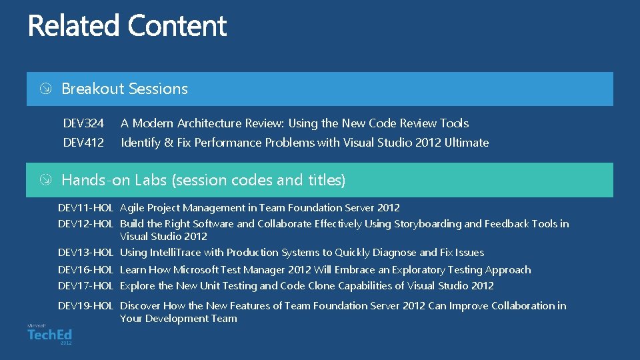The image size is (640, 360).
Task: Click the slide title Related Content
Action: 127,27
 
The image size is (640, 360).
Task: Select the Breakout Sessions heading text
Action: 125,89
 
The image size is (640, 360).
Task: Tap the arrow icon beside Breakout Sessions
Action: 45,89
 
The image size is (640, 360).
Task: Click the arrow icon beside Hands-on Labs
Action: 45,180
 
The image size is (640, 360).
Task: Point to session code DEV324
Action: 83,123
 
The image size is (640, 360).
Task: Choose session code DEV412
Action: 83,143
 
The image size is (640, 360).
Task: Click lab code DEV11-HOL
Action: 85,208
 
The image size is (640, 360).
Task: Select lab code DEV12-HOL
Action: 85,224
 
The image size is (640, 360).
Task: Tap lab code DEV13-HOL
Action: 85,253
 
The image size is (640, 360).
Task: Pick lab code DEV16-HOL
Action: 85,270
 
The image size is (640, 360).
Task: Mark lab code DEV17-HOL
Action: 85,286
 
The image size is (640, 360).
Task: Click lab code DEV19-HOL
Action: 85,306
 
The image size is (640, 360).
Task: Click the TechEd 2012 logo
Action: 50,334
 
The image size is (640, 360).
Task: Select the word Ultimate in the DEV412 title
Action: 467,143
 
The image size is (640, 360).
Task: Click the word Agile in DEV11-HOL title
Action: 132,208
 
